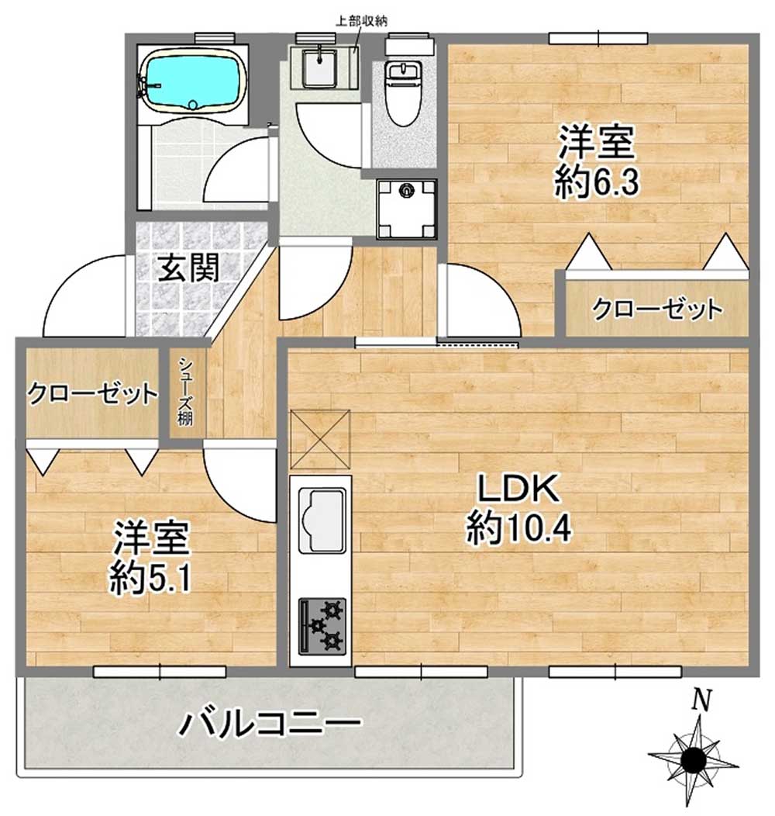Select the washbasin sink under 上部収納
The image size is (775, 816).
click(x=319, y=67)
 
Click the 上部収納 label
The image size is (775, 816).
click(x=361, y=22)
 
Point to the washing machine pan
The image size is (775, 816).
click(x=406, y=208)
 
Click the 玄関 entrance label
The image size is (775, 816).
click(x=189, y=269)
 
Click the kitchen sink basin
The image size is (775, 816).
click(x=321, y=521)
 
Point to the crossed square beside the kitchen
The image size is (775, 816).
click(x=320, y=439)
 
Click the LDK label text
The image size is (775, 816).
click(x=518, y=489)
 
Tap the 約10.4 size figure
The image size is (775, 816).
click(x=519, y=527)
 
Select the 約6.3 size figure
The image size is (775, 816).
click(x=597, y=182)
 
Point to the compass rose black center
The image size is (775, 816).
click(x=694, y=761)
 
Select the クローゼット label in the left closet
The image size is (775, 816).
click(x=92, y=394)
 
